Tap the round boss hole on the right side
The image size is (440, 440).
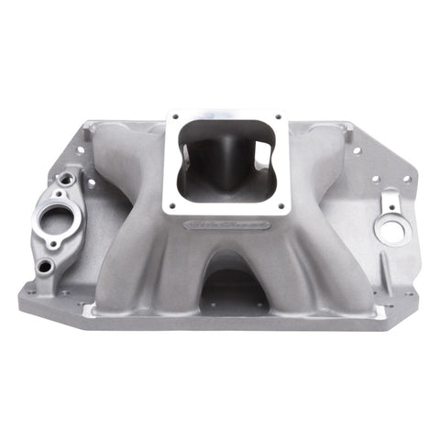click(392, 230)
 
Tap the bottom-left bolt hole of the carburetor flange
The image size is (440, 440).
click(169, 204)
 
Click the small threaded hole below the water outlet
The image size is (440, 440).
click(44, 268)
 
